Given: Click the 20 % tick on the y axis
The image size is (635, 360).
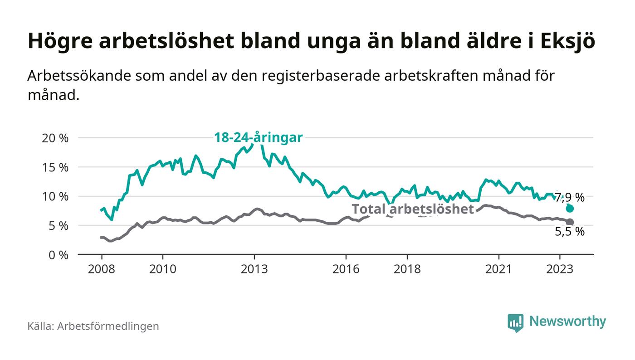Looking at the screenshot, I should click(x=55, y=138).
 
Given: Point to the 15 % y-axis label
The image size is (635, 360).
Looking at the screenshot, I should click(x=55, y=167).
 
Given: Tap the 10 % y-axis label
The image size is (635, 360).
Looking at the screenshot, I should click(x=55, y=197).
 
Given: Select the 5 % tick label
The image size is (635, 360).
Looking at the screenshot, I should click(x=58, y=226).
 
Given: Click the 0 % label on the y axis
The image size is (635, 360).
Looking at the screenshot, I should click(x=58, y=255).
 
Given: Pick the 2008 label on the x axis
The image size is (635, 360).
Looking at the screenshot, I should click(x=101, y=269).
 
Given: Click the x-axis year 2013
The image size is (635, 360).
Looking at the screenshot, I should click(x=254, y=269).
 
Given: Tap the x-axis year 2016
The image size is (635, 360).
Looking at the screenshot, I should click(x=346, y=269).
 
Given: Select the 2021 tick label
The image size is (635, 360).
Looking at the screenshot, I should click(x=498, y=269).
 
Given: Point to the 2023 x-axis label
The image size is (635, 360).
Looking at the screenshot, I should click(x=560, y=269).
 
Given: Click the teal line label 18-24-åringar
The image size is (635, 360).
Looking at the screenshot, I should click(x=258, y=137).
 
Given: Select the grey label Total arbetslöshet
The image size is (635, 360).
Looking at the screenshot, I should click(x=413, y=209).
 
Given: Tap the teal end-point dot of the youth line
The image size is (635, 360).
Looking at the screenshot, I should click(x=570, y=209).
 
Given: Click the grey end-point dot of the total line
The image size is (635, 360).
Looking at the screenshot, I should click(x=570, y=222).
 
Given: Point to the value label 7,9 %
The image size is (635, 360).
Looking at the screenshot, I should click(x=570, y=197).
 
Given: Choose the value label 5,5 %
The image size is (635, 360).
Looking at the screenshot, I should click(x=570, y=232).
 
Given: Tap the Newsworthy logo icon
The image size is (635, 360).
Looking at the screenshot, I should click(x=515, y=322).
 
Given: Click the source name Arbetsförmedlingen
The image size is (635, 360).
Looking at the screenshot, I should click(x=108, y=326).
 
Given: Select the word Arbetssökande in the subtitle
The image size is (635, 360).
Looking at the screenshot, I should click(x=79, y=76).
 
